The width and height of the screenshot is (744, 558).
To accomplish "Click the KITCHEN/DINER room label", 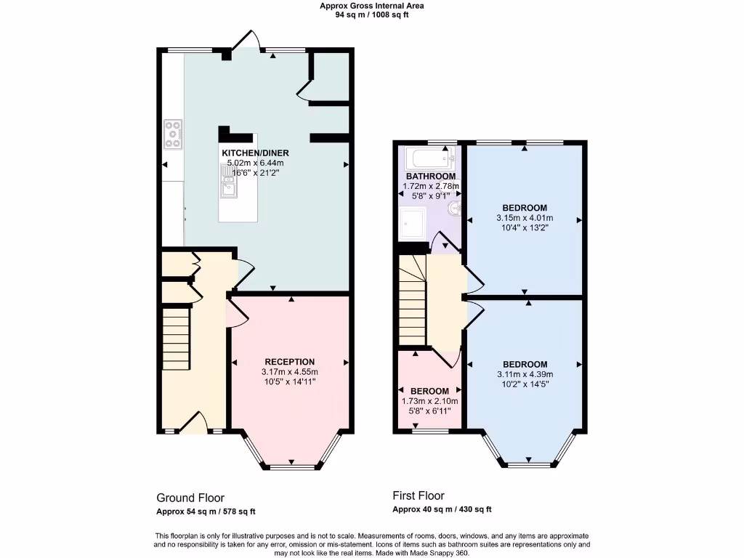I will click(x=255, y=153).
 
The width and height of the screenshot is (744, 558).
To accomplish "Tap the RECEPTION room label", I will click(x=289, y=362).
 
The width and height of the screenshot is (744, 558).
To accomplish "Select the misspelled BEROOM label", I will click(x=429, y=391).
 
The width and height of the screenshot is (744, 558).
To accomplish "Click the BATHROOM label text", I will click(x=431, y=177).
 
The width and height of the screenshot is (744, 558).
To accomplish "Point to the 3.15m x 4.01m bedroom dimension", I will click(x=525, y=217).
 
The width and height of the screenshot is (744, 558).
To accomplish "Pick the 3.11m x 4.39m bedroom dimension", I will click(x=525, y=374).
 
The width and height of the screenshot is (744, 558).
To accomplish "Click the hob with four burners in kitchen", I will click(x=173, y=134).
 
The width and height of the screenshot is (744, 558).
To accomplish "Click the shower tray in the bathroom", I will click(x=412, y=224).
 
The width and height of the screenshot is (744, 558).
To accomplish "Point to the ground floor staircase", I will click(x=175, y=339).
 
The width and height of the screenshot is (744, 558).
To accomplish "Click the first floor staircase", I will click(x=411, y=299).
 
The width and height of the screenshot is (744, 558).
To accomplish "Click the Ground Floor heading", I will click(x=185, y=498).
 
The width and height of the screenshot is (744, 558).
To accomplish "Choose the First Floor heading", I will click(x=418, y=496).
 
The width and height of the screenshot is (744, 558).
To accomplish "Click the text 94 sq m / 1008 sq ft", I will click(x=371, y=15).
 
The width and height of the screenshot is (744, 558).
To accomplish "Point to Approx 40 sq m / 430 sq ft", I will click(x=442, y=509).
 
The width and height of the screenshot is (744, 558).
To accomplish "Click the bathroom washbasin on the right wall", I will click(x=454, y=209).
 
